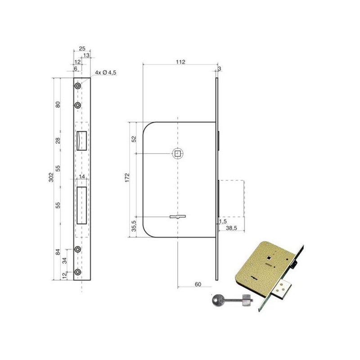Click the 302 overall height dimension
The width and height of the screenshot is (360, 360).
click(51, 177)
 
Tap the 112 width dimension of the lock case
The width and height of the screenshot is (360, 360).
click(180, 62)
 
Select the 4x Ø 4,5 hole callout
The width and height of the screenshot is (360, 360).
click(106, 72)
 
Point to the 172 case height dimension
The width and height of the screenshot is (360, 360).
click(127, 178)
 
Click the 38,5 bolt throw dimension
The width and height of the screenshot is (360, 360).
click(231, 228)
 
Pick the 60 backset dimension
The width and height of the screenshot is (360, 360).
click(198, 284)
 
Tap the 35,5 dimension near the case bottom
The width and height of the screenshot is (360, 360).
click(134, 226)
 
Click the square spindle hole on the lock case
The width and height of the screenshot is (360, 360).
click(178, 153)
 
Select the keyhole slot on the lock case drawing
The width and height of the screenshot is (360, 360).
click(178, 216)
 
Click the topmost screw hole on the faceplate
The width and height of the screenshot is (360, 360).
click(78, 86)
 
